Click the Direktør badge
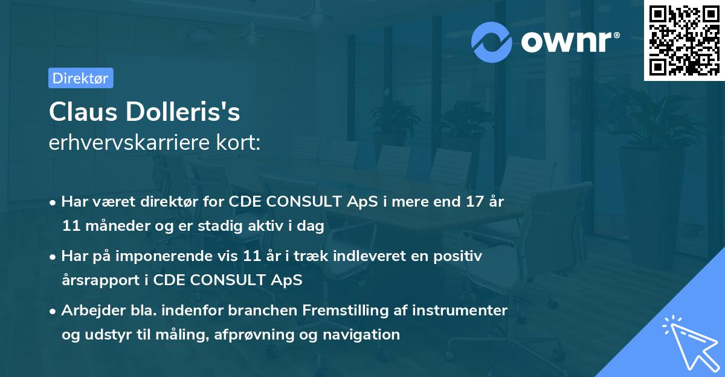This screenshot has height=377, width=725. coord(80,78)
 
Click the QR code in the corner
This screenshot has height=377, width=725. coord(684,40)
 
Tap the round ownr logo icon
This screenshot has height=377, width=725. coord(492,42)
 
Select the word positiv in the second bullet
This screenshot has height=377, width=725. coord(460,256)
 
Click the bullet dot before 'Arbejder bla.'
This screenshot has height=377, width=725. coord(53,311)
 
